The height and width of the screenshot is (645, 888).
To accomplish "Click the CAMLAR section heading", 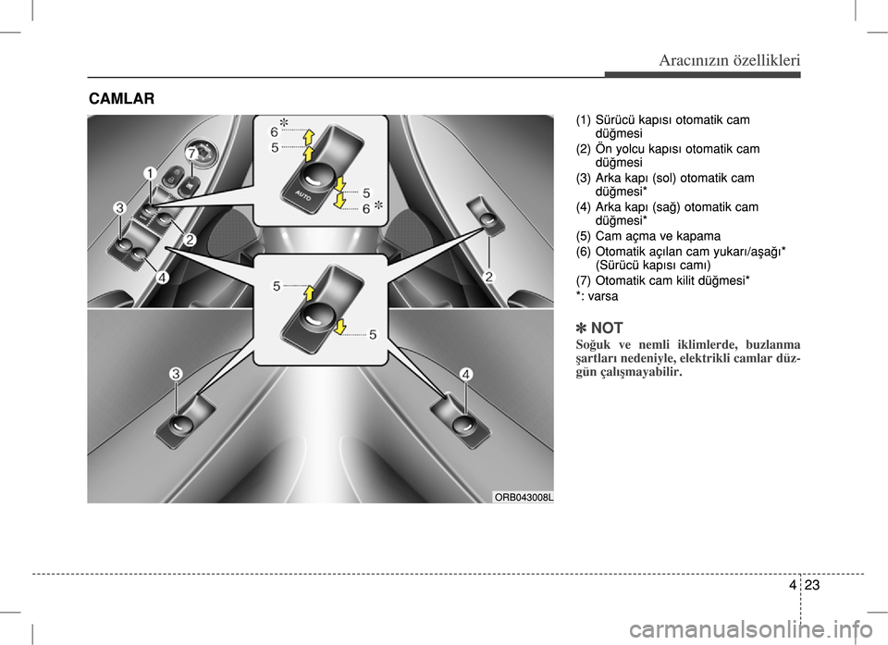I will [122, 98].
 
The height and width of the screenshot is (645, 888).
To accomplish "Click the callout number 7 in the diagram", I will [191, 152].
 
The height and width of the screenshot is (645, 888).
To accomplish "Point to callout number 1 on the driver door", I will [148, 173].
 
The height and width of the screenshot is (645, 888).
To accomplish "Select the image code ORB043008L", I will [523, 497].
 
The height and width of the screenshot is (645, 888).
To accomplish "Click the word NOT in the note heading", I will [607, 328].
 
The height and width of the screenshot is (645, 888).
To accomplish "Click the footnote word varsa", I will [602, 296].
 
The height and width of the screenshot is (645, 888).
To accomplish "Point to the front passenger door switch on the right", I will [487, 220].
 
